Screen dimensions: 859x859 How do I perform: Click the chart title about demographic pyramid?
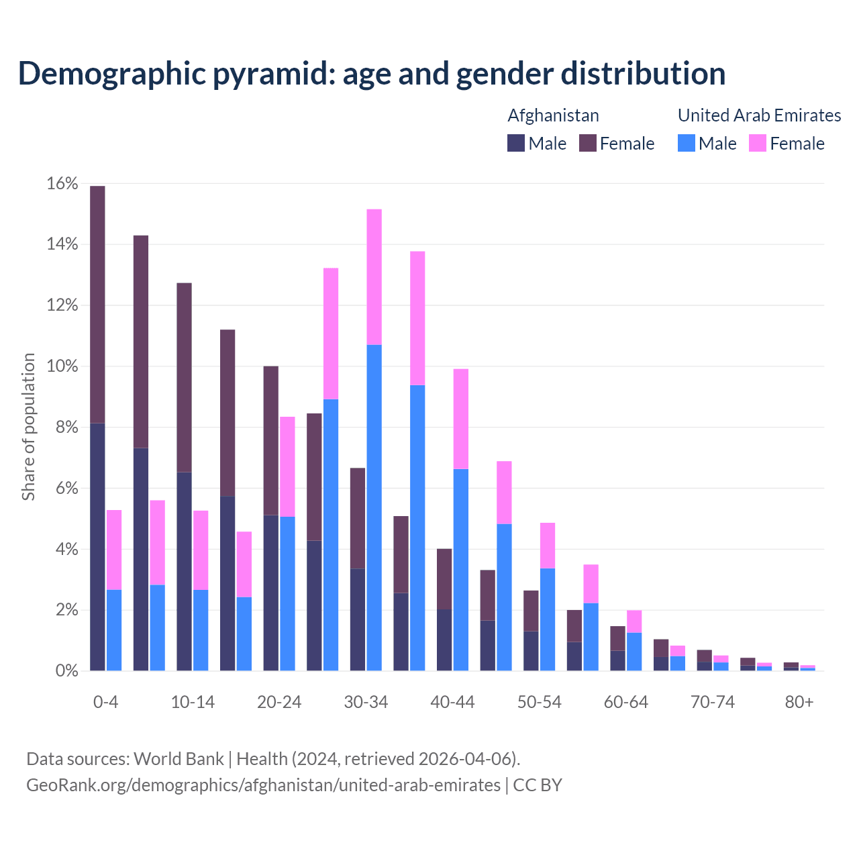point(371,73)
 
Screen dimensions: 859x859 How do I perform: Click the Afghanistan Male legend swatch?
point(516,144)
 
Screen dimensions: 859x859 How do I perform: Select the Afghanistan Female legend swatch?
point(587,144)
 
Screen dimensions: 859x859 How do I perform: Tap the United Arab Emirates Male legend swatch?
point(686,144)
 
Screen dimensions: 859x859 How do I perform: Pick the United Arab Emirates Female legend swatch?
point(758,144)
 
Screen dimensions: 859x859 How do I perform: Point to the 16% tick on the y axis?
point(62,184)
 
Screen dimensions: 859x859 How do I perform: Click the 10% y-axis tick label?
point(62,366)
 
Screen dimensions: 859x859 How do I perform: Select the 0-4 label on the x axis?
point(105,702)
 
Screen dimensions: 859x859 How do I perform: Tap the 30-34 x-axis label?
point(366,702)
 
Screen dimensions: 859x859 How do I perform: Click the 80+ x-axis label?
point(799,702)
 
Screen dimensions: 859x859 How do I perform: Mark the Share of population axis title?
point(29,427)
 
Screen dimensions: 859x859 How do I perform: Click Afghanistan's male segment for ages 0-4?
point(97,547)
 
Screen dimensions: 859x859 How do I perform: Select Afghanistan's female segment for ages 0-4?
point(97,305)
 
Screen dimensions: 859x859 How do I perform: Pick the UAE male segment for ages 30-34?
point(374,507)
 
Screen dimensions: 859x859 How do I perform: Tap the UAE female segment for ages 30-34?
point(374,277)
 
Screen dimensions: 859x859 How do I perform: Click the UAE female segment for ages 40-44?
point(461,419)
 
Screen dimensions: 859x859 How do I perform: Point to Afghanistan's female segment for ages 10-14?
point(184,378)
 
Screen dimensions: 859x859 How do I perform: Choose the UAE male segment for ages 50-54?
point(548,619)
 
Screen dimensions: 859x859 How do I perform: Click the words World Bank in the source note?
point(179,759)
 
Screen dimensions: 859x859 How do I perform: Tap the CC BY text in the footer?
point(538,785)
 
